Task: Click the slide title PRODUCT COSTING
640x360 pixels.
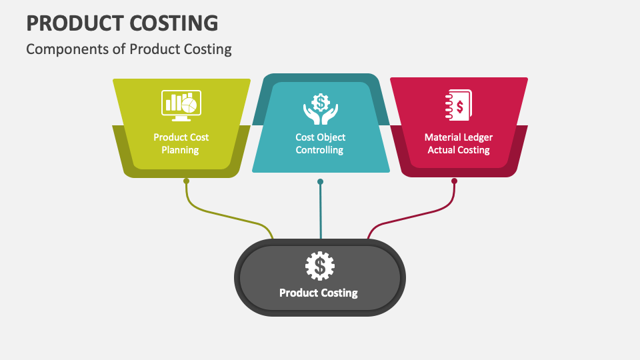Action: [x=122, y=23]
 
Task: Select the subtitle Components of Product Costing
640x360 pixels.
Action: [x=129, y=49]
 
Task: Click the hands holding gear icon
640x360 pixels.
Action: [x=320, y=109]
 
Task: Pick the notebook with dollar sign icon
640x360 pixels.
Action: [x=459, y=105]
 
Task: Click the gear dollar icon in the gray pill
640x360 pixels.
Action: [x=320, y=266]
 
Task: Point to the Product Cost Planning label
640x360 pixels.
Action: [x=181, y=143]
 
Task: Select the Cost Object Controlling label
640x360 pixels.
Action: [x=321, y=143]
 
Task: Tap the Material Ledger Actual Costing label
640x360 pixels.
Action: [x=459, y=143]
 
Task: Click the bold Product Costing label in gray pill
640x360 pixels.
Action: [x=319, y=293]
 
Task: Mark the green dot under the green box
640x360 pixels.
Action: [x=186, y=181]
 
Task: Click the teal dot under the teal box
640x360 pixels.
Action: [x=321, y=181]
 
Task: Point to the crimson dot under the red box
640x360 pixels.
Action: [x=454, y=181]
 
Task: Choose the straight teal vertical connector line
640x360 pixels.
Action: [x=321, y=213]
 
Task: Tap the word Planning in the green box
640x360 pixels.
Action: [x=181, y=150]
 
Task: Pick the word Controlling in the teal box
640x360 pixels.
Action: [x=321, y=150]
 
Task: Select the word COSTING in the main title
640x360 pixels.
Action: [x=173, y=23]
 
